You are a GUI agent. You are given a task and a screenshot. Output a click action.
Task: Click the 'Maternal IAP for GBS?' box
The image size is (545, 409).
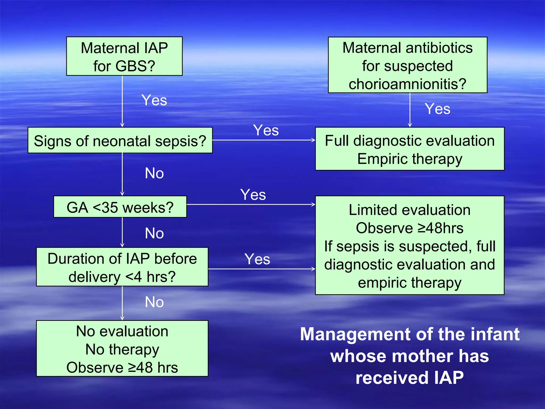(x=124, y=56)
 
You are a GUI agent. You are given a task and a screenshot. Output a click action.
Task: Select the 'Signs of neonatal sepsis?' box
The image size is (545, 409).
(x=120, y=140)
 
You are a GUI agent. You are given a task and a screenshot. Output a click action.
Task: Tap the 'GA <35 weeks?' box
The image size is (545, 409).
(x=120, y=207)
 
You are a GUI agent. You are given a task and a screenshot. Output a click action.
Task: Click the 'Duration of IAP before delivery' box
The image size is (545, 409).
(x=122, y=267)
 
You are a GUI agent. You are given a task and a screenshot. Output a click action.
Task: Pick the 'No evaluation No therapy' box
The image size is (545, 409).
(x=122, y=349)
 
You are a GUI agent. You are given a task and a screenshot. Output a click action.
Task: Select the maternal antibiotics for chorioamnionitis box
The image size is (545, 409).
(x=407, y=65)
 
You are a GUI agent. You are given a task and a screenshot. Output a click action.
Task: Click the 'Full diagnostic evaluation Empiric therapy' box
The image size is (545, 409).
(x=410, y=149)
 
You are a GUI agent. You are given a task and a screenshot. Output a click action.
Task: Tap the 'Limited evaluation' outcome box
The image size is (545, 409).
(x=410, y=245)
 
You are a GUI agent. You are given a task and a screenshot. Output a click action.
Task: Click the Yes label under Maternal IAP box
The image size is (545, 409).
(x=154, y=100)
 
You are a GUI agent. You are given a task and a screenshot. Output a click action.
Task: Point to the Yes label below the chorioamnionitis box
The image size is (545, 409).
(x=437, y=109)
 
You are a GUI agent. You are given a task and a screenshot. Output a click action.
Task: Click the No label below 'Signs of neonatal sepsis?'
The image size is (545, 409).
(x=154, y=173)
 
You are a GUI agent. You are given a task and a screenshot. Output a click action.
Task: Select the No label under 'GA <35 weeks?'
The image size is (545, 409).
(x=154, y=233)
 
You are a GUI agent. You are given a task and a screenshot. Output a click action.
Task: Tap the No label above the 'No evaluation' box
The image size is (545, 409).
(x=154, y=302)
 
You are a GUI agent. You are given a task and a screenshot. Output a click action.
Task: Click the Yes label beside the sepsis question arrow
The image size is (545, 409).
(x=266, y=130)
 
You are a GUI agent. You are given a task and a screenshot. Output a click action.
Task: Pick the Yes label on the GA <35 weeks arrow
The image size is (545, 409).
(x=253, y=195)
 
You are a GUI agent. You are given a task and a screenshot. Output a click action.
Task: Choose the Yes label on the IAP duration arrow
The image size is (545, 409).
(x=257, y=259)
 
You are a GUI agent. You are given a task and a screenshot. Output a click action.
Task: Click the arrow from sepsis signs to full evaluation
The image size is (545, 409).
(x=263, y=140)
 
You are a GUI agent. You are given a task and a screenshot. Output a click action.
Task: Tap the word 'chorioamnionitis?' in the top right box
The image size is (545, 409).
(x=407, y=84)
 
